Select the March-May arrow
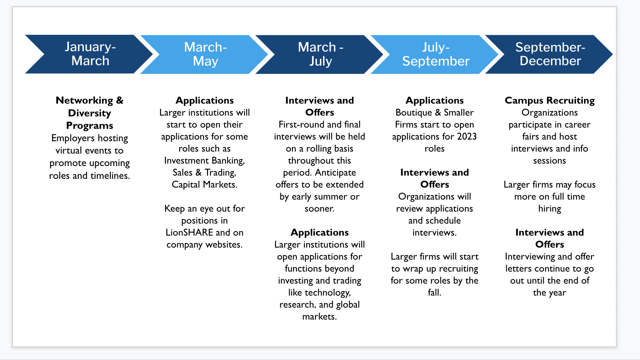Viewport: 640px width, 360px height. click(x=204, y=54)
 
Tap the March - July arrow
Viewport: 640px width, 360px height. click(x=320, y=54)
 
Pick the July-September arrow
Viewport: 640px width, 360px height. click(x=435, y=54)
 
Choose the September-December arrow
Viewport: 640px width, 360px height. click(x=549, y=54)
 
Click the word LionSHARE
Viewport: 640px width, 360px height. click(x=189, y=232)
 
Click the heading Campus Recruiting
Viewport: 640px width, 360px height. click(x=550, y=100)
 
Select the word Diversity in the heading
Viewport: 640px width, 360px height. click(x=90, y=113)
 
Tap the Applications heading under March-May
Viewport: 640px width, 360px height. click(x=204, y=100)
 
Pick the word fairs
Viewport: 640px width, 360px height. click(x=530, y=136)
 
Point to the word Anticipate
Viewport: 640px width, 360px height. click(x=336, y=173)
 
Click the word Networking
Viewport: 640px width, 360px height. click(x=84, y=100)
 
